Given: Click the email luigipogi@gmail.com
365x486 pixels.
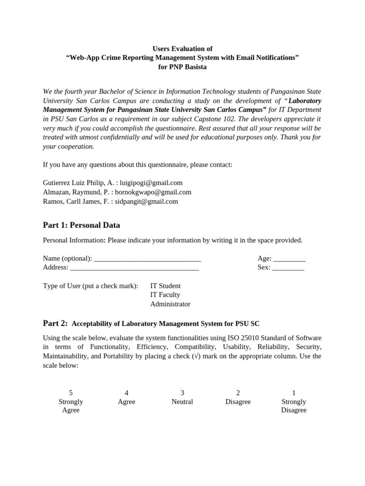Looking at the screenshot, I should [x=151, y=183].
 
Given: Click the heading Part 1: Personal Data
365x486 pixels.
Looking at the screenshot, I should [x=81, y=225].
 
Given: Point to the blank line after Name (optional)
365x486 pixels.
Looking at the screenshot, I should [x=147, y=259].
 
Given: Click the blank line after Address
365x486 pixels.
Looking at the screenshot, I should [x=134, y=268].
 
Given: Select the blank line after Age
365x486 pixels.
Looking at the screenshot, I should [x=289, y=259].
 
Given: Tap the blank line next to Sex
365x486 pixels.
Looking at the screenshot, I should [x=288, y=268].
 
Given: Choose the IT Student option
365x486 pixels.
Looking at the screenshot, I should [x=165, y=286].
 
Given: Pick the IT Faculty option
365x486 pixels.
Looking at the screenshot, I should [x=165, y=295].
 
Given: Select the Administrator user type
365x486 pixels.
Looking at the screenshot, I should [x=170, y=304].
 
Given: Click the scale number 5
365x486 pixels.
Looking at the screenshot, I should [x=71, y=393].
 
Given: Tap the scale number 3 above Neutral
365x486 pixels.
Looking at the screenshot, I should [x=182, y=393].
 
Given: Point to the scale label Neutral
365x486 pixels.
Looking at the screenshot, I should [x=182, y=402].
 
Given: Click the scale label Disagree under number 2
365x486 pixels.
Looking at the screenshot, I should [x=238, y=402].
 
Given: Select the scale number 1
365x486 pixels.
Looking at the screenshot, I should [x=294, y=393].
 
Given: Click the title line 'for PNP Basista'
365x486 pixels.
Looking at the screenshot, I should [x=182, y=67].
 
